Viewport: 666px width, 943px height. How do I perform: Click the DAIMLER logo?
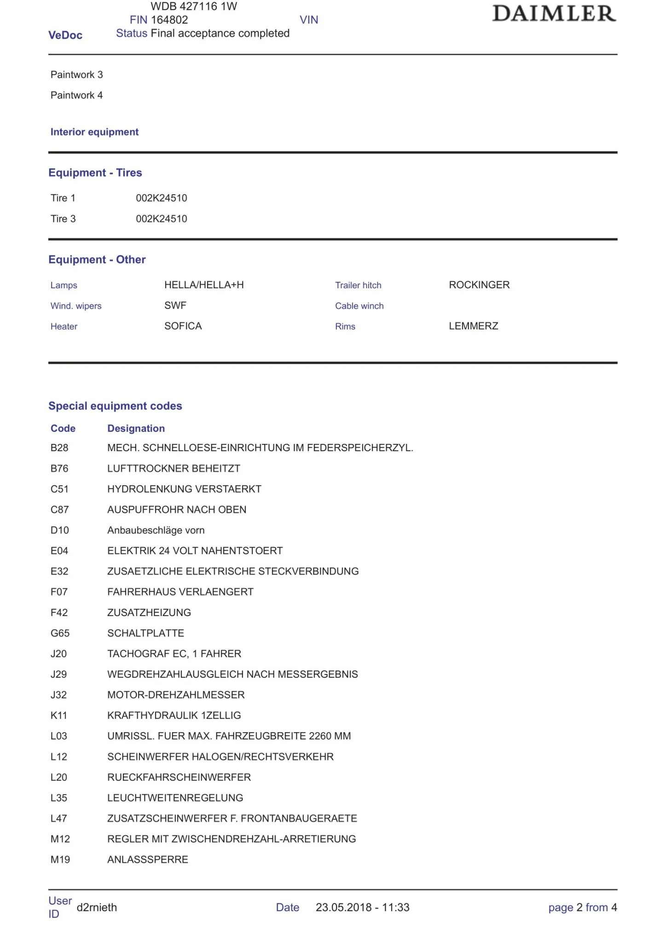pyautogui.click(x=554, y=14)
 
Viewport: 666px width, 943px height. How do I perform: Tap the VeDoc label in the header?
pyautogui.click(x=65, y=35)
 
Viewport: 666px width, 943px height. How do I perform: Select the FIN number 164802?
pyautogui.click(x=169, y=20)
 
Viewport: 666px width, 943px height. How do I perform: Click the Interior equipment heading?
pyautogui.click(x=94, y=132)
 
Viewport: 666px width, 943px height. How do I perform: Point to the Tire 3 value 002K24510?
pyautogui.click(x=162, y=219)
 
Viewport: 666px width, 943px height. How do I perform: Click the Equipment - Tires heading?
pyautogui.click(x=95, y=173)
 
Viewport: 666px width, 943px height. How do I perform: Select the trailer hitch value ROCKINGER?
pyautogui.click(x=479, y=285)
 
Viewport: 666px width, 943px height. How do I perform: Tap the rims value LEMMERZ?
pyautogui.click(x=473, y=326)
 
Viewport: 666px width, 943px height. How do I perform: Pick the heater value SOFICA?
pyautogui.click(x=183, y=326)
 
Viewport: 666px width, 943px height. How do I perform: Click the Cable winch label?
pyautogui.click(x=359, y=306)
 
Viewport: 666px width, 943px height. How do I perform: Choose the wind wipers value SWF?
pyautogui.click(x=175, y=305)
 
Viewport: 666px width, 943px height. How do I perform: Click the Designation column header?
pyautogui.click(x=136, y=428)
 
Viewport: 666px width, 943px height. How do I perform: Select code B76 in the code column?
pyautogui.click(x=59, y=468)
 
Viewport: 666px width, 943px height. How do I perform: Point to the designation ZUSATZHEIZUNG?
pyautogui.click(x=149, y=612)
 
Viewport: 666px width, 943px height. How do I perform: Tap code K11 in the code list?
pyautogui.click(x=59, y=715)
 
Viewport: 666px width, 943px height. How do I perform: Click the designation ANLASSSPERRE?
pyautogui.click(x=148, y=859)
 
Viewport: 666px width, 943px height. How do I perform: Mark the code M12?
pyautogui.click(x=60, y=839)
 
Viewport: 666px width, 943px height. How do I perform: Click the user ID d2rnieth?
pyautogui.click(x=97, y=907)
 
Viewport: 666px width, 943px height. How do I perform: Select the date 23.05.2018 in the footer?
pyautogui.click(x=343, y=907)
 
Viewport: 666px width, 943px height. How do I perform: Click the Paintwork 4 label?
pyautogui.click(x=76, y=95)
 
